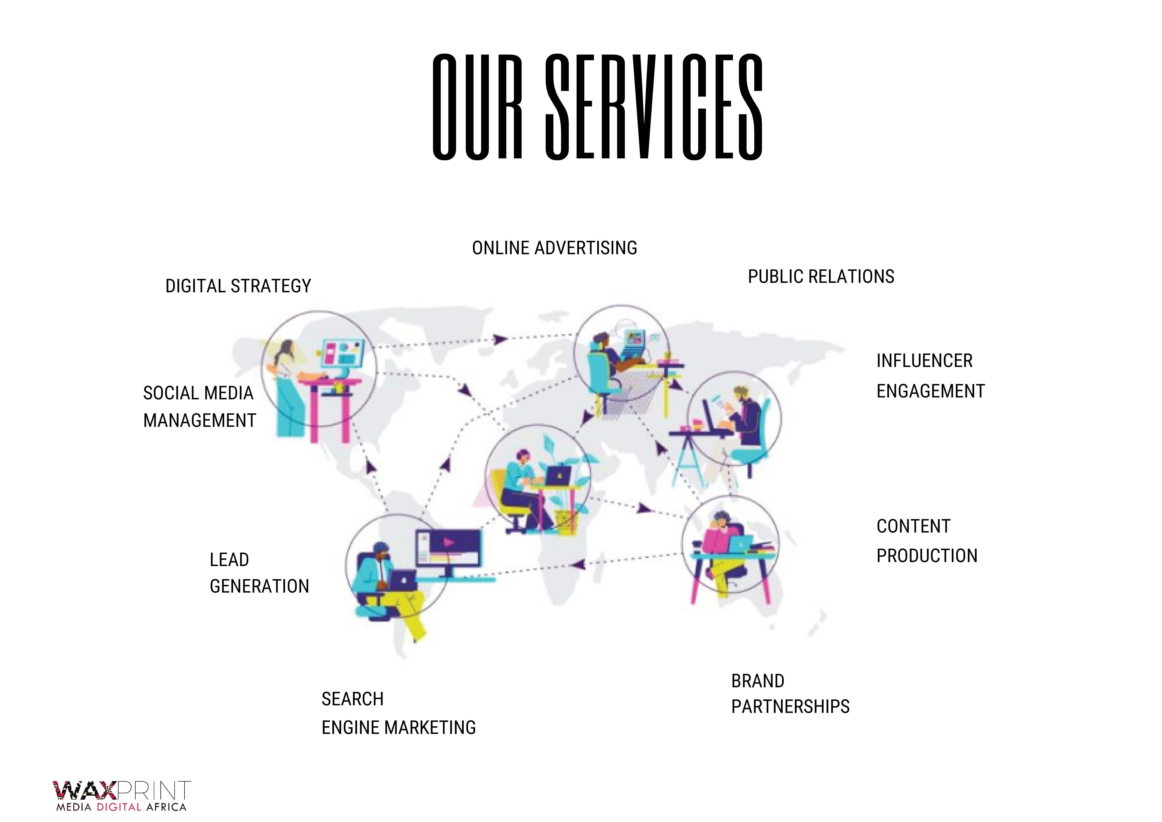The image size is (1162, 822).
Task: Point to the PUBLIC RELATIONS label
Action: coord(821,277)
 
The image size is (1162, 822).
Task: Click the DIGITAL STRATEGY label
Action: coord(238,286)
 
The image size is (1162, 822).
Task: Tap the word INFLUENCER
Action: coord(924,361)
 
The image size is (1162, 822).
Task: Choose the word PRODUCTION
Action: coord(927,556)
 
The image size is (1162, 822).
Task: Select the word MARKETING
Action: coord(430,728)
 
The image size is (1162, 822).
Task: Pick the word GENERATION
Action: coord(259,587)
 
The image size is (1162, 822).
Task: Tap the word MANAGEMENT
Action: coord(199,421)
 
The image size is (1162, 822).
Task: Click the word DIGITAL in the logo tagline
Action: coord(118,807)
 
